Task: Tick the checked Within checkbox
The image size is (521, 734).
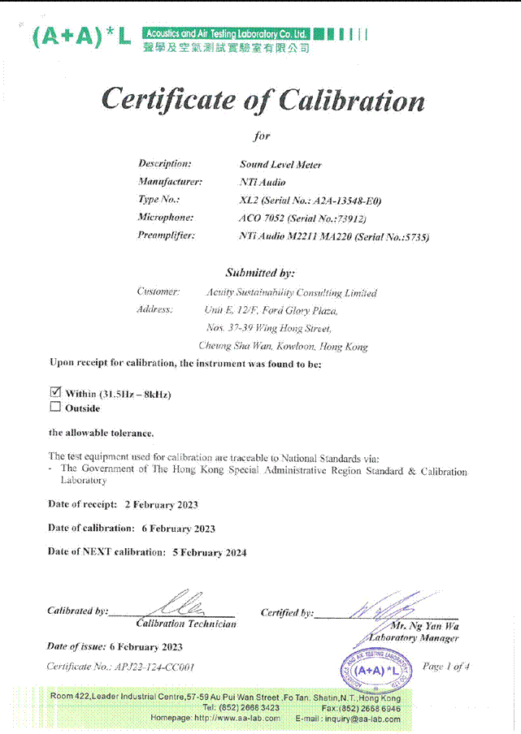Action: (56, 392)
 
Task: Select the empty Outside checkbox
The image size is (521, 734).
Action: (56, 407)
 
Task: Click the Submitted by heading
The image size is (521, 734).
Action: (260, 273)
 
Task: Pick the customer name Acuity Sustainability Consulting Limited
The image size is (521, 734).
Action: (291, 292)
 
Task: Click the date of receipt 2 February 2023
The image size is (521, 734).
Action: (161, 504)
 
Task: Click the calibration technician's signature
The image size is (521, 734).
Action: (186, 605)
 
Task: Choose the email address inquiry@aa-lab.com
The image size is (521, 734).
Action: (360, 718)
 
